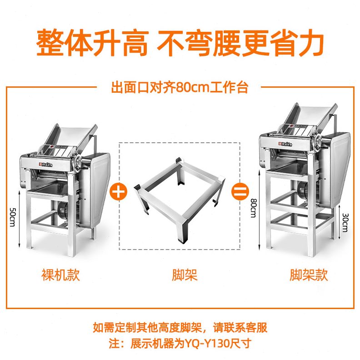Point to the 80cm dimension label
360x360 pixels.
(x=253, y=209)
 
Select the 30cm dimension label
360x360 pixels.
(x=345, y=223)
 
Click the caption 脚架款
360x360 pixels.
(x=309, y=275)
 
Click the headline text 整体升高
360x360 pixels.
(x=92, y=43)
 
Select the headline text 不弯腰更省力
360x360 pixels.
(x=240, y=43)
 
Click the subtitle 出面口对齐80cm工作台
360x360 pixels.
(x=180, y=86)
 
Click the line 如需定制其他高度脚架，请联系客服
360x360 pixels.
(x=180, y=327)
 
